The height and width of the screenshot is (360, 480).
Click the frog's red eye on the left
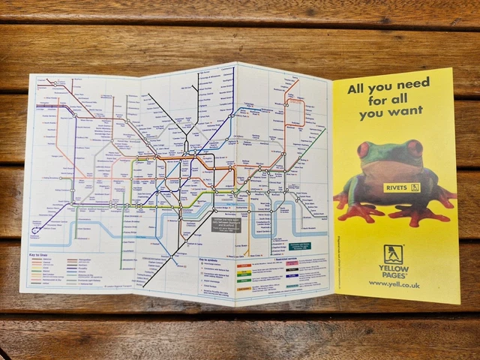coord(364,149)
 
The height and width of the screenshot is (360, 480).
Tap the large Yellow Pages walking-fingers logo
coord(393,254)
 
